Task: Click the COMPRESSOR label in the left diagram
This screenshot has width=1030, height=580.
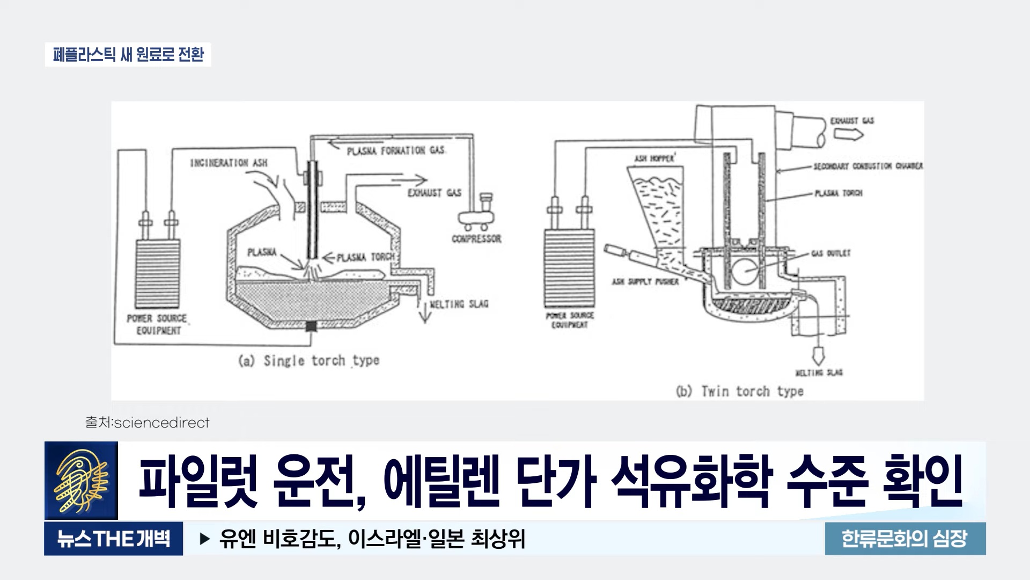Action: click(476, 238)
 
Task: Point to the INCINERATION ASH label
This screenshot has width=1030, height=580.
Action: click(229, 163)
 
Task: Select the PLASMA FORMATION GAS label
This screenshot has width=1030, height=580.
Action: click(396, 151)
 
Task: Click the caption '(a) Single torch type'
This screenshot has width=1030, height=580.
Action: click(308, 361)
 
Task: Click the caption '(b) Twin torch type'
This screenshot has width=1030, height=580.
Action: click(739, 392)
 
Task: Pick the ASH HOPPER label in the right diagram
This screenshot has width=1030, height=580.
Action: click(654, 158)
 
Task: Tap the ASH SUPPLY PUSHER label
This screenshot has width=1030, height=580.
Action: click(645, 281)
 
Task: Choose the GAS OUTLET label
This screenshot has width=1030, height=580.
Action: click(830, 253)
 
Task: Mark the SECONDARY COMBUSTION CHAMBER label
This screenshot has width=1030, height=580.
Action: click(867, 166)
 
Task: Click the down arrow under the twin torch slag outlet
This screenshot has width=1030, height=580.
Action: click(818, 354)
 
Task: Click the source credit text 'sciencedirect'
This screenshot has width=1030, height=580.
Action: click(161, 423)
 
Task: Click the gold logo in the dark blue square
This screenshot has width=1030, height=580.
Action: click(81, 480)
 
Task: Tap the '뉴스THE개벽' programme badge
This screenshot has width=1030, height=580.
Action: click(113, 538)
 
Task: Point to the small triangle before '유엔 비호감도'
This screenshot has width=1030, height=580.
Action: click(204, 539)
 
